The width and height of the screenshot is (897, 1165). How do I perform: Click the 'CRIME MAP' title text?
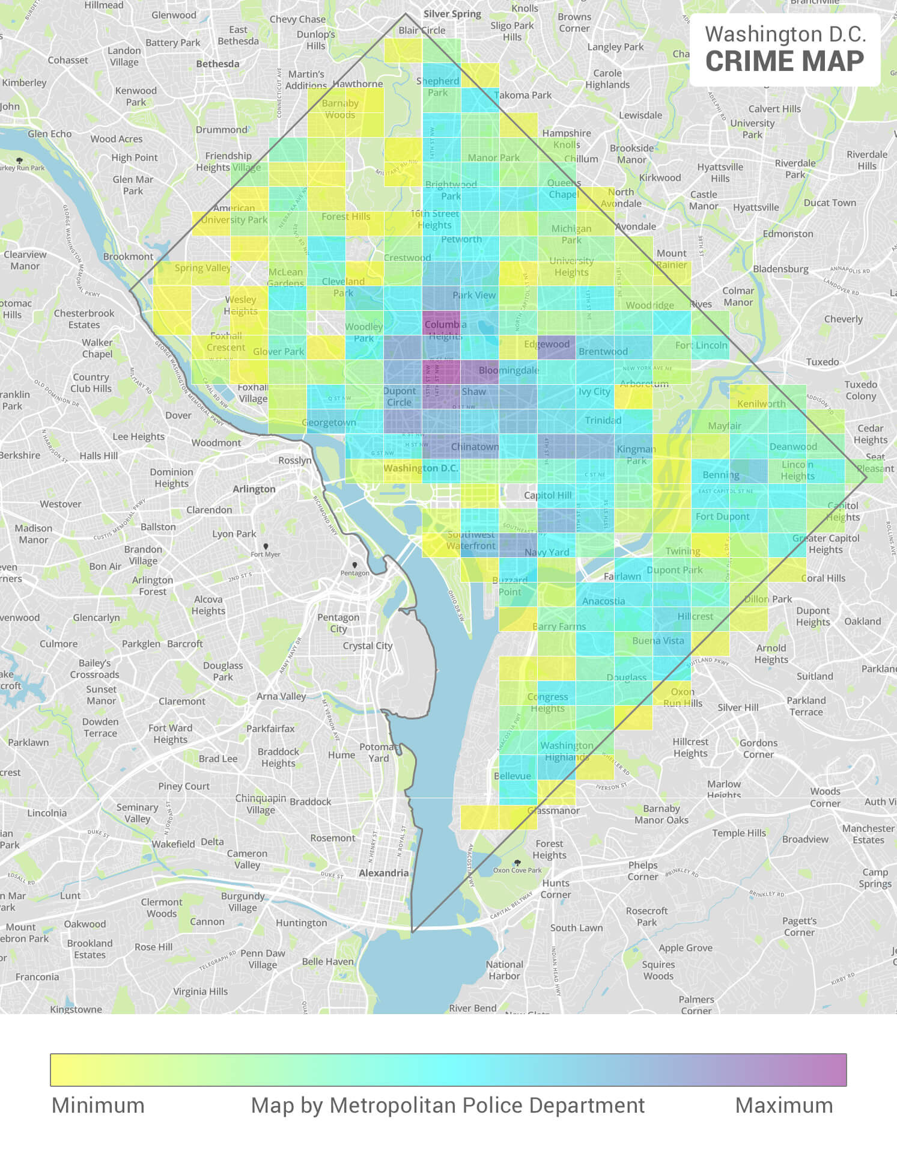click(784, 61)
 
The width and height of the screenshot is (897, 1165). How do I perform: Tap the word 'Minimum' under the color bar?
click(98, 1105)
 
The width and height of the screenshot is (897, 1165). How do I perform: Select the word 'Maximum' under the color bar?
click(783, 1105)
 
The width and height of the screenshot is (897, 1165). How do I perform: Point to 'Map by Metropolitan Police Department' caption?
click(448, 1105)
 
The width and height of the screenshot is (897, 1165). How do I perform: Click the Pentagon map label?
click(355, 572)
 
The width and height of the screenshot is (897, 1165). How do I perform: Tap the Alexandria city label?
click(383, 873)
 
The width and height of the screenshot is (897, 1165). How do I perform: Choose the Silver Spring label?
click(452, 14)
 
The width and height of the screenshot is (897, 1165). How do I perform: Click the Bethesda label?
click(217, 64)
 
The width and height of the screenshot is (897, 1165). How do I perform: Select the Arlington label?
click(254, 489)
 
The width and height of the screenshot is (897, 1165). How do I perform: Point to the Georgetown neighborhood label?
click(329, 422)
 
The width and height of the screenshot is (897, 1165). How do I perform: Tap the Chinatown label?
click(475, 447)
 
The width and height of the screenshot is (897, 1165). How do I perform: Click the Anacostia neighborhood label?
click(603, 601)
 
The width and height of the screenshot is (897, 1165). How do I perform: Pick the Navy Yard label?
click(547, 552)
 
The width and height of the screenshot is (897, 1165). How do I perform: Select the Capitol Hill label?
click(548, 495)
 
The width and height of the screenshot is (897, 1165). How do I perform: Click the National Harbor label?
click(505, 970)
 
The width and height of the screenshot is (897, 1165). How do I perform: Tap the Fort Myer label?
click(266, 554)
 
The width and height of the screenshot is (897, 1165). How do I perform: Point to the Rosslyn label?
click(295, 460)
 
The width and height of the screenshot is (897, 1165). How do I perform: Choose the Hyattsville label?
click(756, 207)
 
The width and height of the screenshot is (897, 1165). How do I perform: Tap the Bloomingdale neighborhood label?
click(509, 370)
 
